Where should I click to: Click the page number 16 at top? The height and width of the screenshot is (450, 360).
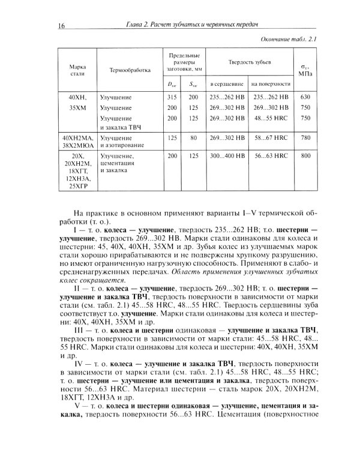(61, 25)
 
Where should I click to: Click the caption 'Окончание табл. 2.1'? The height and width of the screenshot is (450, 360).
(289, 40)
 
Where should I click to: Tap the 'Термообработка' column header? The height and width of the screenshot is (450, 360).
(130, 70)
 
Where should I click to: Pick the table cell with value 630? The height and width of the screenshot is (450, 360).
(305, 97)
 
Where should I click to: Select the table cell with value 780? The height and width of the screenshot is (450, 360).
(305, 137)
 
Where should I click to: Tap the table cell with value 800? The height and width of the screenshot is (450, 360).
(305, 155)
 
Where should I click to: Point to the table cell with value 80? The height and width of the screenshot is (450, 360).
(193, 137)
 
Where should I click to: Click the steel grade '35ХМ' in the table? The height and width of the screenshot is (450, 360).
(77, 107)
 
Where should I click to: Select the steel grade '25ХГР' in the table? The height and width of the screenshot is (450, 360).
(77, 185)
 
